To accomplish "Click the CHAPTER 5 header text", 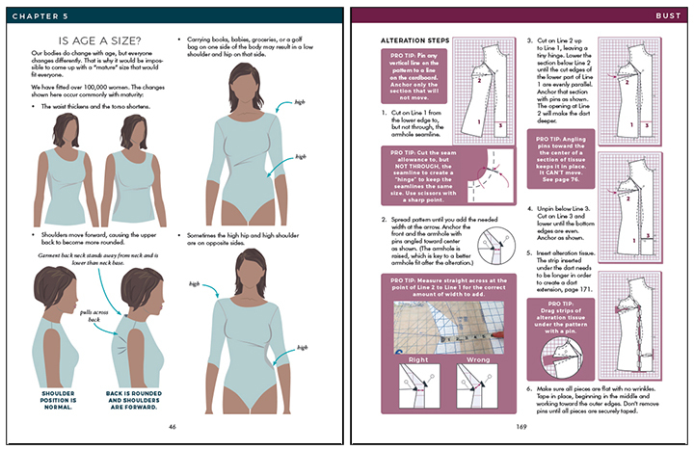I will [x=43, y=13].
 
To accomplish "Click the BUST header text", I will [x=661, y=13].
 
